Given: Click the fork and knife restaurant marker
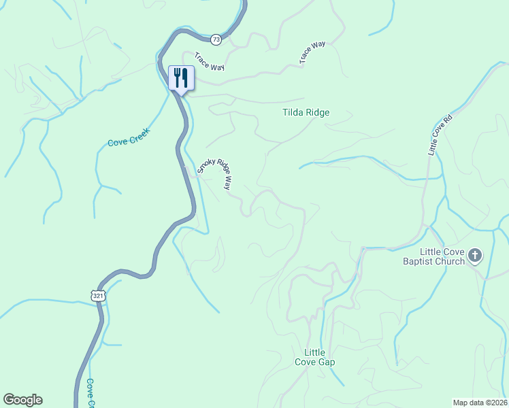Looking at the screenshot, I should click(x=181, y=77).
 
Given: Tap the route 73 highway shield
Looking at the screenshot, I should click(x=216, y=40).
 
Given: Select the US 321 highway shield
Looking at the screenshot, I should click(x=99, y=296).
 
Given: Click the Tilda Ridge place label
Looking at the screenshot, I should click(x=306, y=112).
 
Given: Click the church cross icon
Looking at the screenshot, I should click(x=475, y=256).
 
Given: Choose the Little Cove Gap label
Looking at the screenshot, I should click(x=314, y=357).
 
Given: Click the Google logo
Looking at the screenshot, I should click(x=22, y=400).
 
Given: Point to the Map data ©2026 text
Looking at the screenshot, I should click(x=480, y=403).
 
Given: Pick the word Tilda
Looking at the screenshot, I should click(x=293, y=112).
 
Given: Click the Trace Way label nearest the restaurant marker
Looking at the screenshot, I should click(x=210, y=61).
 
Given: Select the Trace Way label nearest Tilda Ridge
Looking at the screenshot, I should click(x=312, y=53).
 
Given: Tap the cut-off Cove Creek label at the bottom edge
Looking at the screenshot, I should click(x=91, y=394).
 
